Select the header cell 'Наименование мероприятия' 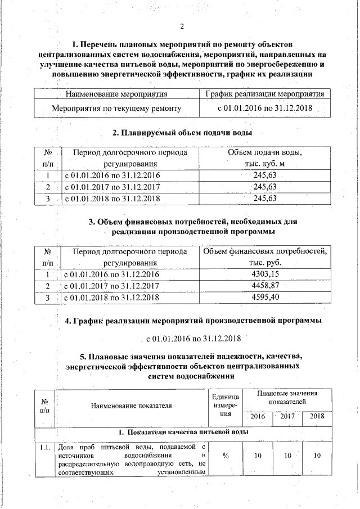pos(117,93)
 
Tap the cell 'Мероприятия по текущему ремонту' pos(117,107)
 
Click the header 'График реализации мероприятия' pos(264,93)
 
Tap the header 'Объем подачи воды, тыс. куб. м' pos(264,158)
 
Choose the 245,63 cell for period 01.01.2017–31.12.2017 pos(264,187)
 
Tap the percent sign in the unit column pos(225,455)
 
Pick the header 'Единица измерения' pos(225,405)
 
